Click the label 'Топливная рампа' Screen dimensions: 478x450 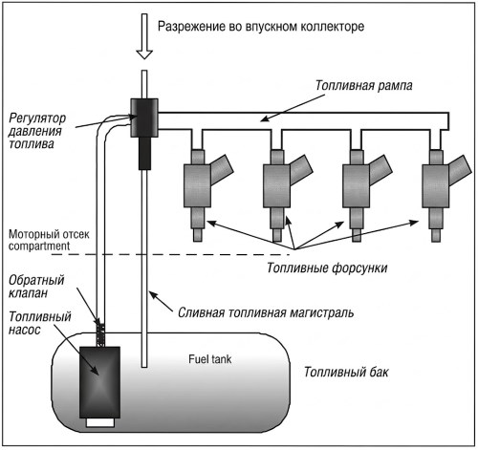[364, 85]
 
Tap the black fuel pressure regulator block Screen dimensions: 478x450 [144, 118]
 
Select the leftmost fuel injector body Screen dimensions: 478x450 [197, 186]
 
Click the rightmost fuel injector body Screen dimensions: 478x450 [436, 186]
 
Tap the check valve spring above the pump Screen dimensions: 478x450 [100, 334]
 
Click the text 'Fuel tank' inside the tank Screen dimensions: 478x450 [209, 359]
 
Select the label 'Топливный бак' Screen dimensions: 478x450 [346, 372]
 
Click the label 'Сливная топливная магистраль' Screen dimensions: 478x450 [266, 312]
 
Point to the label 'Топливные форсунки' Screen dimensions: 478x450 [327, 268]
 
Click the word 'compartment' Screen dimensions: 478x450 [39, 246]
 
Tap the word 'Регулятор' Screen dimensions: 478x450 [37, 118]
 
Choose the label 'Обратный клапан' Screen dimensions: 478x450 [36, 287]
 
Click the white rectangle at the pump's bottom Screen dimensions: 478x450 [100, 422]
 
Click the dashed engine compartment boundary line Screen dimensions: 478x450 [170, 254]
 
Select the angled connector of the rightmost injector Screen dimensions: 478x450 [460, 169]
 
